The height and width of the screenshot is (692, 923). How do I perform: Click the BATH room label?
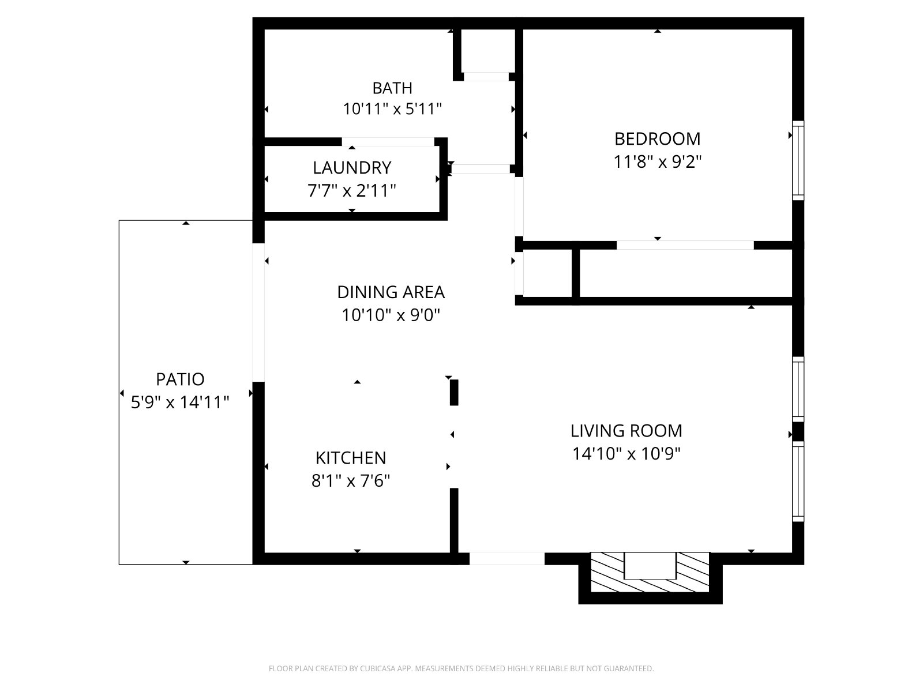pyautogui.click(x=392, y=88)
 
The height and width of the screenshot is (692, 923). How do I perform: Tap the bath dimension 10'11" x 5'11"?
pyautogui.click(x=392, y=109)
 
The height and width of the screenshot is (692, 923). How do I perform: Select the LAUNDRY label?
pyautogui.click(x=352, y=168)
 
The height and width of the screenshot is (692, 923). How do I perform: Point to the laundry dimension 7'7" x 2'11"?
pyautogui.click(x=351, y=191)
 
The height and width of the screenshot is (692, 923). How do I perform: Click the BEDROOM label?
pyautogui.click(x=657, y=139)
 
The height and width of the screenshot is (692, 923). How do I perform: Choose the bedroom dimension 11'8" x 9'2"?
pyautogui.click(x=657, y=162)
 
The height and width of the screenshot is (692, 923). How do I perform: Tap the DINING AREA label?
pyautogui.click(x=391, y=292)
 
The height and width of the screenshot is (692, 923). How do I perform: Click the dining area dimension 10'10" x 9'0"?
pyautogui.click(x=391, y=315)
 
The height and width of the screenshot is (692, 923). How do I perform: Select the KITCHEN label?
pyautogui.click(x=351, y=458)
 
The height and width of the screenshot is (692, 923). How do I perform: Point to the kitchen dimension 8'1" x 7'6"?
pyautogui.click(x=351, y=481)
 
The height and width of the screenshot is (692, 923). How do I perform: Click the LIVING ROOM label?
pyautogui.click(x=626, y=431)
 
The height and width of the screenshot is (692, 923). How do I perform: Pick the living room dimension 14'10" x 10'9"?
pyautogui.click(x=626, y=454)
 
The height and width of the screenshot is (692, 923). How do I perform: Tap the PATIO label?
pyautogui.click(x=180, y=380)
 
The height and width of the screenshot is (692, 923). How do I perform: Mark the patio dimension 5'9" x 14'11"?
pyautogui.click(x=180, y=403)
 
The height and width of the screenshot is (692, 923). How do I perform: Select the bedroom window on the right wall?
pyautogui.click(x=798, y=160)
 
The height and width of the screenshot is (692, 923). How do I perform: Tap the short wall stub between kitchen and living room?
pyautogui.click(x=454, y=393)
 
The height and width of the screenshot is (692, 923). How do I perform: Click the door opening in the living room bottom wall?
pyautogui.click(x=506, y=559)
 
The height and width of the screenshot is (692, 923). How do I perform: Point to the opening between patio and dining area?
pyautogui.click(x=258, y=313)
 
